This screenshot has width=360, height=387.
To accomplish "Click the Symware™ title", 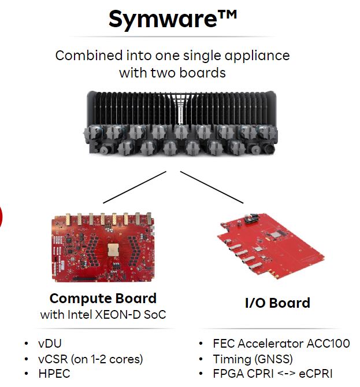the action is tap(173, 19).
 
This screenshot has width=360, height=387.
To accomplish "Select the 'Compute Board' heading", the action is tap(103, 298).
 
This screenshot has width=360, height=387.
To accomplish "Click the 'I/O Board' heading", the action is tap(277, 303).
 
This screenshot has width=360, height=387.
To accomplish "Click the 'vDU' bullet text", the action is tap(50, 343).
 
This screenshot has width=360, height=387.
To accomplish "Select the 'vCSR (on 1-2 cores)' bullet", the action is tap(91, 359).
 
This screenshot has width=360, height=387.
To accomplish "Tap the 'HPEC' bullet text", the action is tap(54, 374).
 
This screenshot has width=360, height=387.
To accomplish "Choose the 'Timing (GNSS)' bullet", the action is tap(253, 359).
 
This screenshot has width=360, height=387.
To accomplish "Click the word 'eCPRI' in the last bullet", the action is tap(316, 374).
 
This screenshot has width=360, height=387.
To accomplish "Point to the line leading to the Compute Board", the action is tap(135, 187).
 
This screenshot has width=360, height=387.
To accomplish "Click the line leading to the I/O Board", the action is tap(212, 187).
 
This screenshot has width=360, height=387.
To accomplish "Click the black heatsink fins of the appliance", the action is tap(181, 109).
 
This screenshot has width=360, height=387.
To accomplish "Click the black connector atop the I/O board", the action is tap(251, 218).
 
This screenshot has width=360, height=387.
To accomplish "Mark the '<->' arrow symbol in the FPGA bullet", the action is tap(286, 374).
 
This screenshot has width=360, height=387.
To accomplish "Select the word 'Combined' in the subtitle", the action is tap(89, 56).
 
